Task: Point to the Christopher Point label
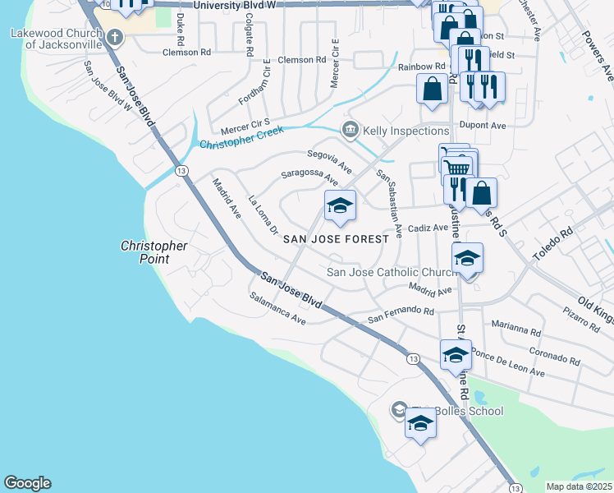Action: tap(154, 252)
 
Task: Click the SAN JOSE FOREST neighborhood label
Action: tap(335, 239)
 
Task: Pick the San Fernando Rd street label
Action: tap(400, 313)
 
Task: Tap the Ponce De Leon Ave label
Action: tap(509, 365)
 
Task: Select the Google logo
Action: tap(27, 483)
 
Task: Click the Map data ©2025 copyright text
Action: tap(580, 486)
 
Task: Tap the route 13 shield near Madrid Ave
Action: tap(181, 170)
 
